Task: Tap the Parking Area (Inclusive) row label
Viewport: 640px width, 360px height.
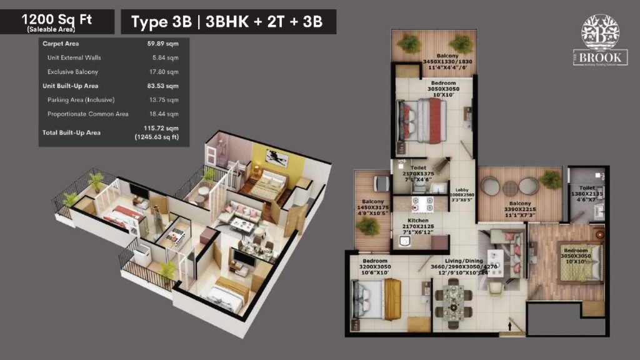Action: click(x=81, y=100)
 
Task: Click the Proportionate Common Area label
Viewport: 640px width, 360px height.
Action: click(x=87, y=114)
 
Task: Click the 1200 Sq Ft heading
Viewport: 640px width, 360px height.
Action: click(x=56, y=19)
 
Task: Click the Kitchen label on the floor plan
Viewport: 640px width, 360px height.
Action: click(x=417, y=221)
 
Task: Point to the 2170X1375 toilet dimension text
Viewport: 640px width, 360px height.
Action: click(x=418, y=175)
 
